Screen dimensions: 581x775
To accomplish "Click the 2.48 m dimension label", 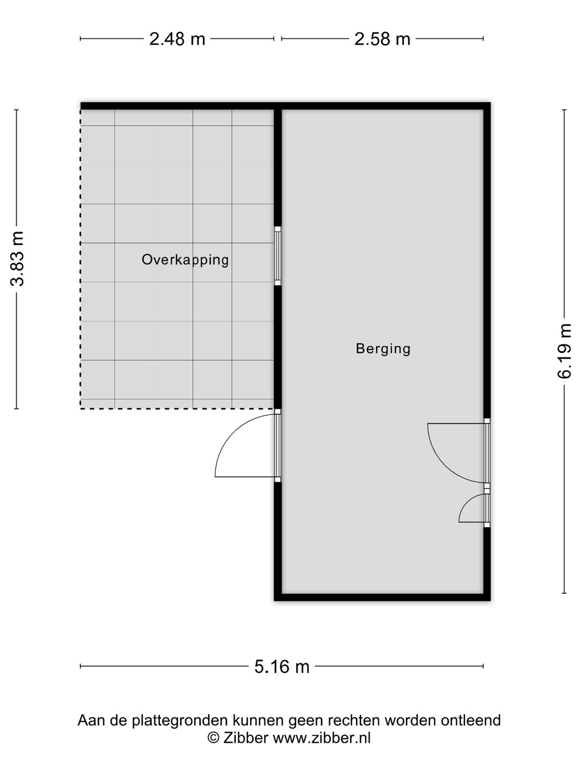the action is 177,39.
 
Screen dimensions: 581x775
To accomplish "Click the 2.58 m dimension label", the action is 382,39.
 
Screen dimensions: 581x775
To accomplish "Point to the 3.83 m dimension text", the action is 17,259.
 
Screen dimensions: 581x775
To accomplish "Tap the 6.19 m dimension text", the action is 564,351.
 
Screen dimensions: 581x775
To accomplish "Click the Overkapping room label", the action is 185,260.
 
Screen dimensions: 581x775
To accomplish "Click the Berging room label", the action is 383,349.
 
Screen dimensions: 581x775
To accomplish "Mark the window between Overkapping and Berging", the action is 278,256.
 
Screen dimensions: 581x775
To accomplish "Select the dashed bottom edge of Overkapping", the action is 178,409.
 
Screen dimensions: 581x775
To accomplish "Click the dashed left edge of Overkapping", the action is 81,259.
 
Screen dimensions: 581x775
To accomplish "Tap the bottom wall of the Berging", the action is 382,597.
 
